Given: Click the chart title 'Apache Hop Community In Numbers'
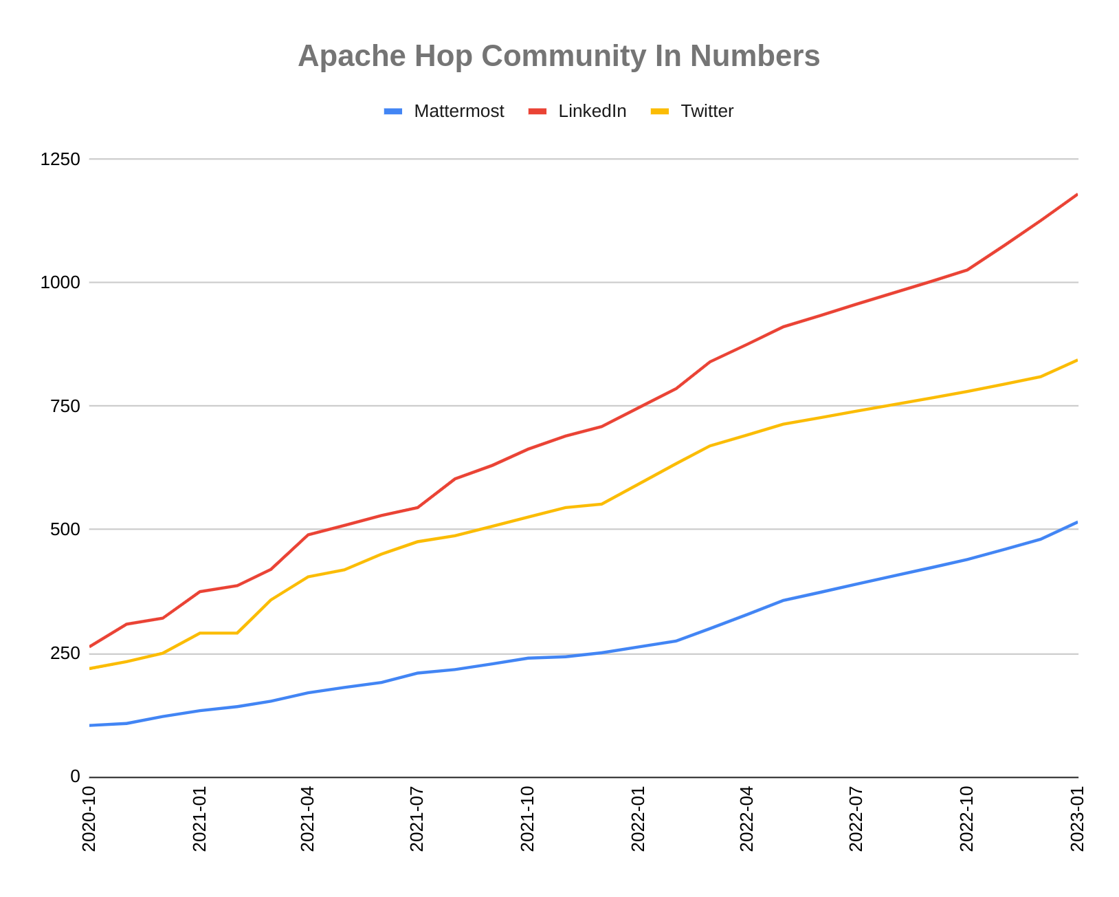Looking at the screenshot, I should click(x=559, y=56).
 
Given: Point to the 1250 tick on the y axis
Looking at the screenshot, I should click(x=60, y=159).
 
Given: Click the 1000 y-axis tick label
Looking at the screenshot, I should click(x=60, y=282).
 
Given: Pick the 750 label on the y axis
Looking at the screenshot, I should click(x=65, y=406).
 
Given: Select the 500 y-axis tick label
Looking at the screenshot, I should click(x=65, y=529).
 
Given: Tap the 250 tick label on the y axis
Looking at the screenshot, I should click(x=65, y=653).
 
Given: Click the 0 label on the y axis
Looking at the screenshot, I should click(x=75, y=777).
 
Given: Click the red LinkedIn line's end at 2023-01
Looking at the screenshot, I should click(x=1076, y=195).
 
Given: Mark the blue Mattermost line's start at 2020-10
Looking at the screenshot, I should click(x=90, y=725).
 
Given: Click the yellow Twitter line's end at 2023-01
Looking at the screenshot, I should click(x=1076, y=360).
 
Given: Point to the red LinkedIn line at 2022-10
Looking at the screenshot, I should click(x=967, y=270).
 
